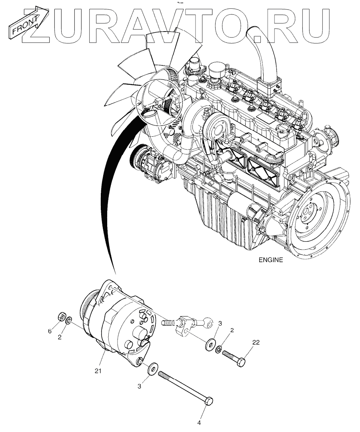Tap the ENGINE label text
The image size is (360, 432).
coord(270,260)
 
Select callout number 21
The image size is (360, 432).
coord(98,371)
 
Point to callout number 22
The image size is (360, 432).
coord(256,342)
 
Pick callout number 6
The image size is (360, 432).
coord(50,331)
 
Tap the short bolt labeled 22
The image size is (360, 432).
coord(234,358)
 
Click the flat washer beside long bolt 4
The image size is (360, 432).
coord(152,369)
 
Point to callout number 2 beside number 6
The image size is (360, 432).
coord(59,337)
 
